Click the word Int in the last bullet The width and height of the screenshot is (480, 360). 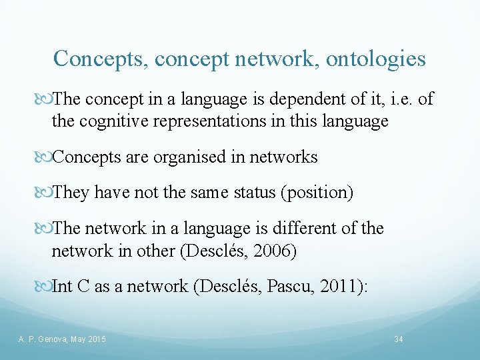pos(63,286)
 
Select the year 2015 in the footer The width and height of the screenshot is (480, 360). pos(96,340)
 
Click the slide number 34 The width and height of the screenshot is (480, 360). pos(399,340)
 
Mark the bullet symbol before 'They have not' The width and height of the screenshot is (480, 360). pos(45,193)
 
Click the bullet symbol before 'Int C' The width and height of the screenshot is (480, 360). pos(45,287)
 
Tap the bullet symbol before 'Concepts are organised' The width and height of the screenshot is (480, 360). pos(45,158)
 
